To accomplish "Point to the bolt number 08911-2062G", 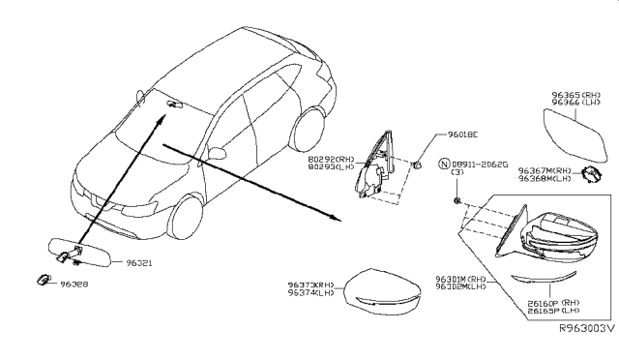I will pos(480,163).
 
